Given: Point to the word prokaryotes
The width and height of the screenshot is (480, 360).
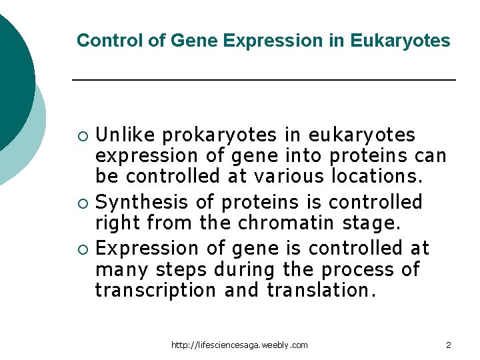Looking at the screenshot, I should [x=220, y=135].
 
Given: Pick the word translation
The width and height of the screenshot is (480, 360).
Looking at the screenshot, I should [x=319, y=291].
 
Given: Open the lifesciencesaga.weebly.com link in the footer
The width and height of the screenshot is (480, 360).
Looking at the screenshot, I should [x=239, y=345].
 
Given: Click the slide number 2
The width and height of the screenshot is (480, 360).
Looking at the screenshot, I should [x=449, y=345].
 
